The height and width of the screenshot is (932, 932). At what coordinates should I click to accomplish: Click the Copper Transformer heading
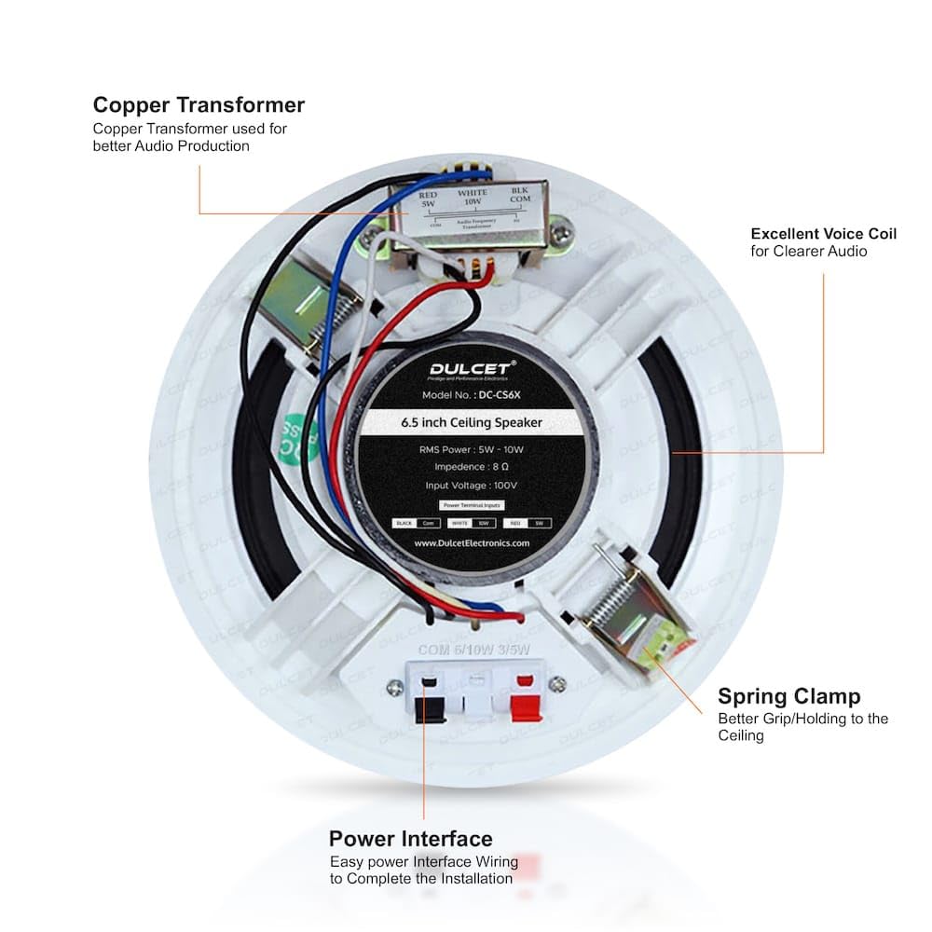[x=199, y=104]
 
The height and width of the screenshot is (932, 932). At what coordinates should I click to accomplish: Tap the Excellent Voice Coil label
[x=823, y=234]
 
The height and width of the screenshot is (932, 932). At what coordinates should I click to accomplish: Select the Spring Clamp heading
[x=788, y=696]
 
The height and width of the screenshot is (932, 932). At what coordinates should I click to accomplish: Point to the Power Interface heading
[x=410, y=838]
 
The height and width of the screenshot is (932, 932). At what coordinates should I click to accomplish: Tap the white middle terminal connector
[x=476, y=699]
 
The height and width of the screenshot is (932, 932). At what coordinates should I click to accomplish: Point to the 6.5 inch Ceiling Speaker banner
[x=472, y=422]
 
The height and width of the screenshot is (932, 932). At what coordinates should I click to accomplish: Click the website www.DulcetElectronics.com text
[x=472, y=543]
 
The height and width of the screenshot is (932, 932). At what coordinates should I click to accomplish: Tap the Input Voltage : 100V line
[x=472, y=485]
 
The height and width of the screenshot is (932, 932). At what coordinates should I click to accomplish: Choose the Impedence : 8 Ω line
[x=472, y=466]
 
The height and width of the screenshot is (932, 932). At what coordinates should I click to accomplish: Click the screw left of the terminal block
[x=395, y=687]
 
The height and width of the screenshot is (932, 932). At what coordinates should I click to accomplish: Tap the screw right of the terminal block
[x=557, y=685]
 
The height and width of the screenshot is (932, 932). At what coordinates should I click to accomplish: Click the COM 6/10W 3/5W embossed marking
[x=475, y=649]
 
